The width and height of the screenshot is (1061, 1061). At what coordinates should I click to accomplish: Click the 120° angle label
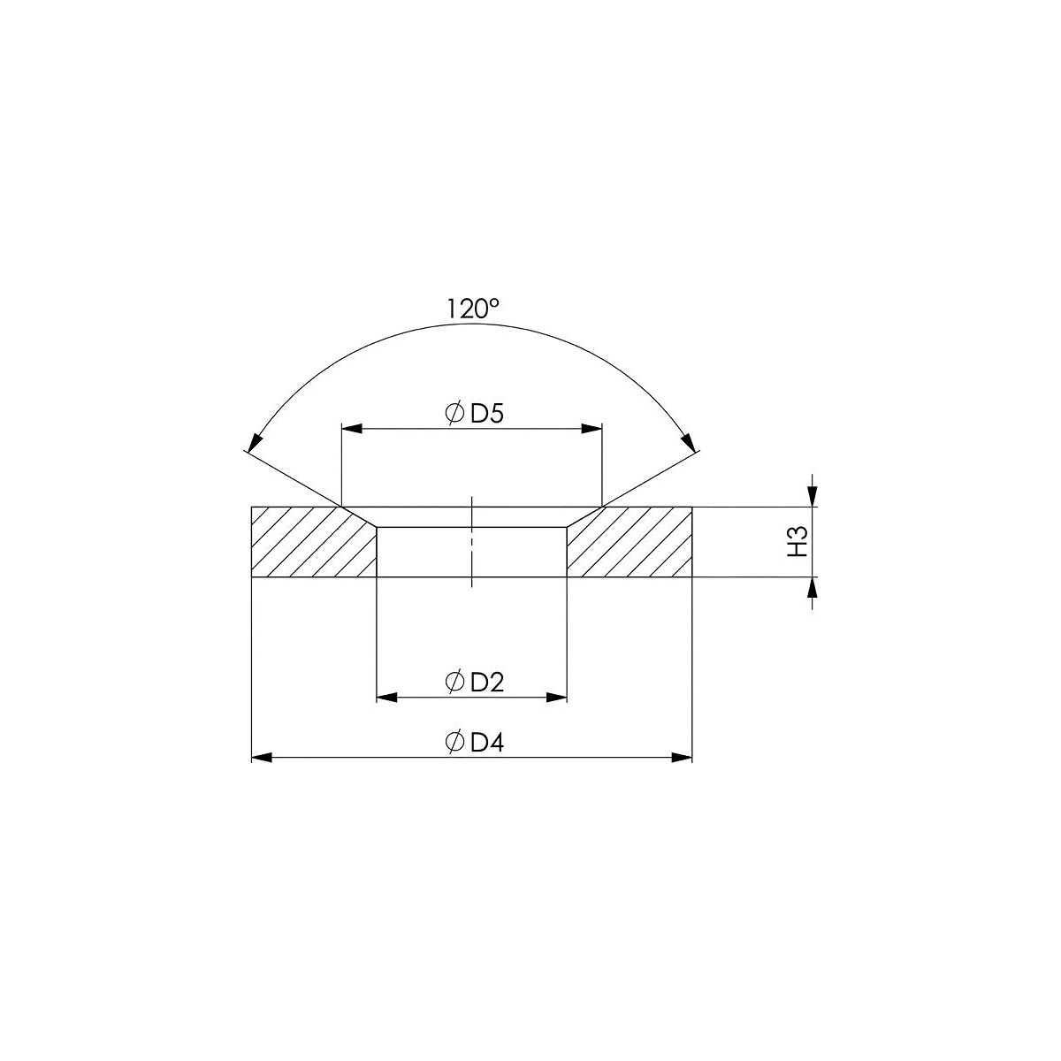pos(472,309)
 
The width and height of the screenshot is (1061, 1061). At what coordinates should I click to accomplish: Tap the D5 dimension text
pos(487,413)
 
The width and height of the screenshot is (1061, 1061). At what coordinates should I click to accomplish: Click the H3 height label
pos(798,541)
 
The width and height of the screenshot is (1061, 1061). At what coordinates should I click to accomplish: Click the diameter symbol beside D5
pos(454,413)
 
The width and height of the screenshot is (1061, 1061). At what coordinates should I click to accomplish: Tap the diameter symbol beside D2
pos(454,683)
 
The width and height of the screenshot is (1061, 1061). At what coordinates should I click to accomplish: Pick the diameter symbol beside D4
pos(454,742)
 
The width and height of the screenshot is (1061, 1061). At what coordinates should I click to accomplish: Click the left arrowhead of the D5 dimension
pos(352,428)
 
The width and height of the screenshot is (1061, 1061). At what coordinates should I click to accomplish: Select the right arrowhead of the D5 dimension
pos(592,428)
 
